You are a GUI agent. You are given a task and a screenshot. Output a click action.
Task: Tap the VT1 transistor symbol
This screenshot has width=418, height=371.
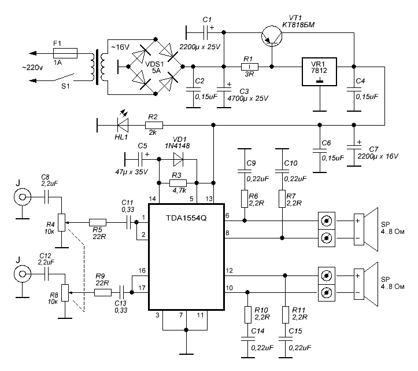pos(272,36)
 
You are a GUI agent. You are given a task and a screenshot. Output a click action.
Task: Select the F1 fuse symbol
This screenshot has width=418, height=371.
pos(65,53)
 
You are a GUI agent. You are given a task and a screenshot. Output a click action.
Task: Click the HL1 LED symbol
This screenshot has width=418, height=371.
pos(123,125)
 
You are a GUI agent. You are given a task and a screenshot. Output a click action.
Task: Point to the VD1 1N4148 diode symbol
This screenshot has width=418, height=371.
pos(178,160)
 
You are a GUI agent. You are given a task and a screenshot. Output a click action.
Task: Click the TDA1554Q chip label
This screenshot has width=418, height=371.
pos(186,218)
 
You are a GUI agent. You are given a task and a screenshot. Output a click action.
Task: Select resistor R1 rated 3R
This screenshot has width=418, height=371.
pos(250,67)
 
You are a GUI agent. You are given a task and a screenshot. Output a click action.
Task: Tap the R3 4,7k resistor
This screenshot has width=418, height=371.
pos(178,183)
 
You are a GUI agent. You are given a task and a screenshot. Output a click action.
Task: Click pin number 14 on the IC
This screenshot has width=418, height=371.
pos(152,199)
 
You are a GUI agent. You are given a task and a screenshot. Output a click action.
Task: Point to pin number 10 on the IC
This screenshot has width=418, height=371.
pos(230,288)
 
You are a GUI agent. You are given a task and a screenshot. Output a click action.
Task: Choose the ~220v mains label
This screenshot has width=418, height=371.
pos(32,68)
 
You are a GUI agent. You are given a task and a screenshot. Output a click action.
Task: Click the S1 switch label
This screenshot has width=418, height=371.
pos(65,86)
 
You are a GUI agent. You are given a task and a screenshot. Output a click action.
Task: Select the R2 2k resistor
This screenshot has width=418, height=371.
pos(154,125)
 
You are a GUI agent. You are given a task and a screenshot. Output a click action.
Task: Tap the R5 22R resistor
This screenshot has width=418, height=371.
pos(97,222)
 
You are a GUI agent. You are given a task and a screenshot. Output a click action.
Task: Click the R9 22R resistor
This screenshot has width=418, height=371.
pos(103,292)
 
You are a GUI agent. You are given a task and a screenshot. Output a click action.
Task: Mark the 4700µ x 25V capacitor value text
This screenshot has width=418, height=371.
pos(247,98)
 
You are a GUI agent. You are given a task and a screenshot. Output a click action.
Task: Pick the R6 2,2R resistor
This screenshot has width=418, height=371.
pos(245,199)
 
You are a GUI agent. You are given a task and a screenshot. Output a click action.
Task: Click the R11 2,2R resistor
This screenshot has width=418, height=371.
pos(285,315)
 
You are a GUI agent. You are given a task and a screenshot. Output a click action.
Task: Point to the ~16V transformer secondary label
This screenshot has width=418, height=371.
pos(120,47)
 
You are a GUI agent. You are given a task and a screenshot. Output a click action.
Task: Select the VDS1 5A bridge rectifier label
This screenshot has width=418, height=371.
pos(154,67)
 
